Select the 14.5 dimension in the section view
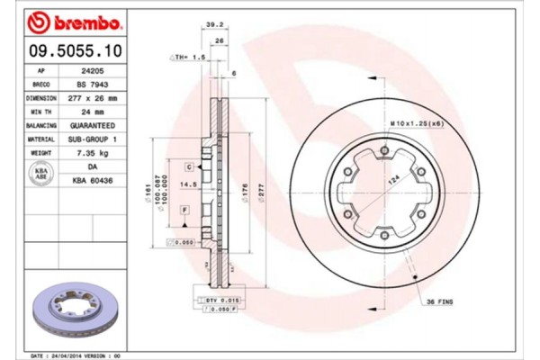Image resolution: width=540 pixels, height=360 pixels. pyautogui.click(x=189, y=185)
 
